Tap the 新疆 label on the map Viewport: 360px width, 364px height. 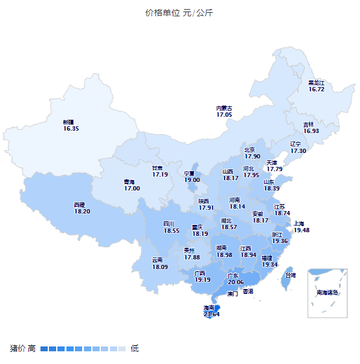68,122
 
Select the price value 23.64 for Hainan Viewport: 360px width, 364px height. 211,314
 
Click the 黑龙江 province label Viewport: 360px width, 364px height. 317,82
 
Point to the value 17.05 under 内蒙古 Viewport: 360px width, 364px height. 224,114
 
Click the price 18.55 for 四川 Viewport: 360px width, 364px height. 172,230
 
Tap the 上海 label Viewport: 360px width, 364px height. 299,223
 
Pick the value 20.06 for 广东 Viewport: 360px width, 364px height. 236,282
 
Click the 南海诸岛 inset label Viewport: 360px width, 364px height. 327,293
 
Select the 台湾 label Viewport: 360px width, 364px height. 290,275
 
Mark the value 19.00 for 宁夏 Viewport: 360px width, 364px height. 192,180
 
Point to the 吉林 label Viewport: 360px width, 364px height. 309,124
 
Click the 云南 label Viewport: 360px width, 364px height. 158,260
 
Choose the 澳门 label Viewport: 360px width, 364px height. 233,294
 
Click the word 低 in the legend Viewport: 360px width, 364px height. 135,348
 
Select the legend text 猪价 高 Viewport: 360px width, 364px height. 22,348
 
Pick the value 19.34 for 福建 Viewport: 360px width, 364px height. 270,264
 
